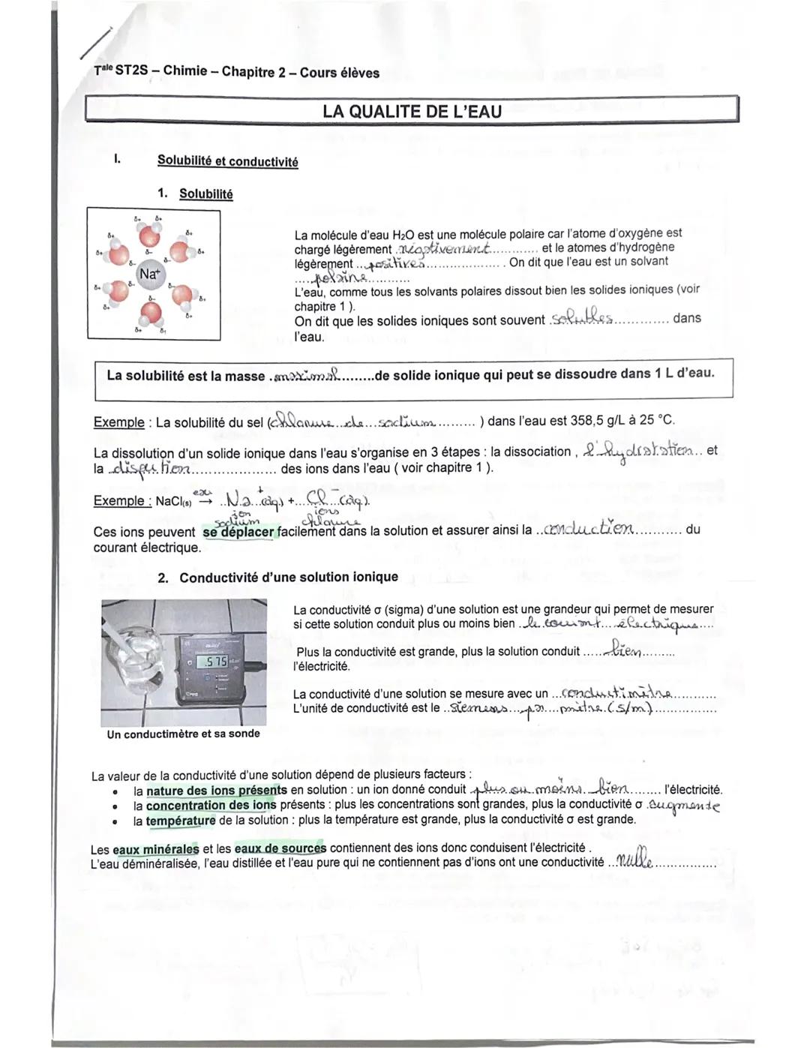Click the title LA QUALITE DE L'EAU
(412, 111)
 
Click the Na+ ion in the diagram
(149, 274)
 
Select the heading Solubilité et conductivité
(227, 161)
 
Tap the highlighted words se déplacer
(238, 532)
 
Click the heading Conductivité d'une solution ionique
(288, 577)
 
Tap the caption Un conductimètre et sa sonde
(183, 734)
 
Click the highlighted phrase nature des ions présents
(216, 790)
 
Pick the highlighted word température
(181, 821)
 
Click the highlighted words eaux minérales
(156, 849)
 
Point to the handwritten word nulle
(633, 862)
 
